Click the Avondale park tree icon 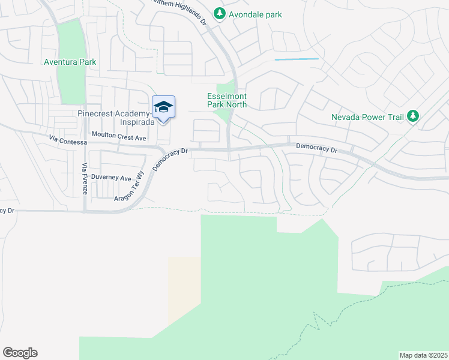[220, 13]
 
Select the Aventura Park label [70, 62]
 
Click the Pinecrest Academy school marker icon [163, 108]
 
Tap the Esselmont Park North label [227, 100]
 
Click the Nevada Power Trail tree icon [412, 116]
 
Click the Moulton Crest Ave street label [119, 137]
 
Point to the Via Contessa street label [68, 142]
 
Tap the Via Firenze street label [85, 178]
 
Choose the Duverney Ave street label [115, 178]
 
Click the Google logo [20, 353]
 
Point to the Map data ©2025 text [423, 355]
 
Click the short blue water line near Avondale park [297, 59]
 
